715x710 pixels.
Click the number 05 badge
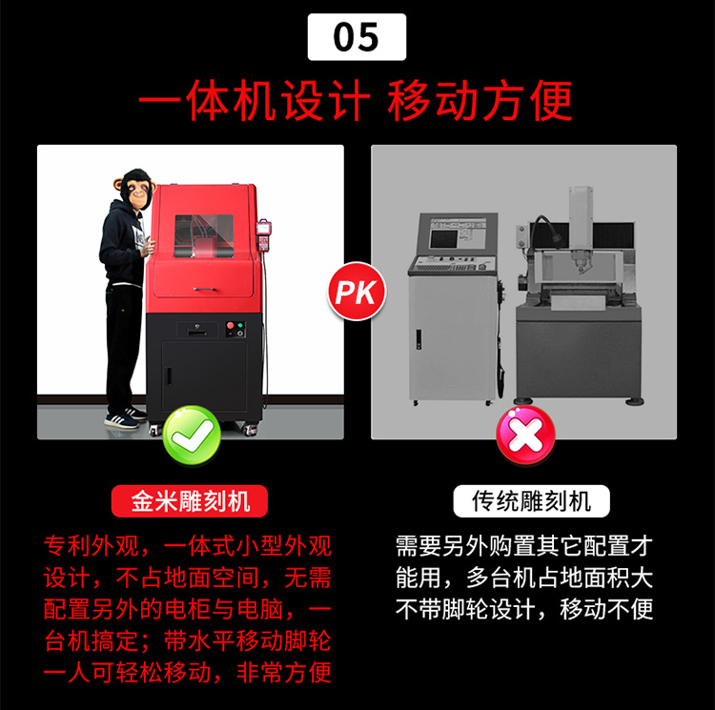357,37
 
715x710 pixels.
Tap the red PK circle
357,292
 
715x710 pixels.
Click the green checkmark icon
192,435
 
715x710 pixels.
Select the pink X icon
525,436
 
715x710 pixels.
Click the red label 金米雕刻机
190,501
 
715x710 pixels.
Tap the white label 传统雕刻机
531,501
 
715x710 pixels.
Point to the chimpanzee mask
134,188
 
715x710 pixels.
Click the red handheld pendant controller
263,234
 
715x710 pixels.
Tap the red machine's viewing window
204,236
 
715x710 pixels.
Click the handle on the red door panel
204,289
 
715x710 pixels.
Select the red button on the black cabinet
231,325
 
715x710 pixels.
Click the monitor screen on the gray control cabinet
443,238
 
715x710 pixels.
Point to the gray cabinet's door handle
419,339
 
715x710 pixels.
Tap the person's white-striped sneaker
121,419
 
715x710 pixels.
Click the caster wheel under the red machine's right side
250,429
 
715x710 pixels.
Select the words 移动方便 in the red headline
480,100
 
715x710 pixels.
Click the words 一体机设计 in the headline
254,100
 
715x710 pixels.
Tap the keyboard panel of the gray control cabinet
452,265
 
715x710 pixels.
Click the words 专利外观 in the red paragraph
92,545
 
